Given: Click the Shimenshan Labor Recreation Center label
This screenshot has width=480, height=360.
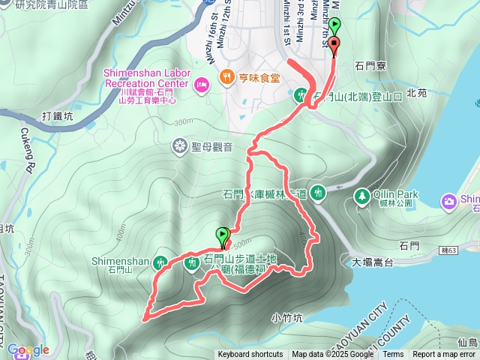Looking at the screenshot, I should [146, 79].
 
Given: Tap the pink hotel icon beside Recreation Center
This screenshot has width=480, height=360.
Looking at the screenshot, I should [201, 84].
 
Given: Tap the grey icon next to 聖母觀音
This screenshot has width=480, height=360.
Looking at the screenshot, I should [180, 145].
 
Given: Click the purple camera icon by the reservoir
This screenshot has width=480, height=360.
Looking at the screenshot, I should [448, 200].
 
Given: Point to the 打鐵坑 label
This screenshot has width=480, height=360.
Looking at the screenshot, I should [58, 116].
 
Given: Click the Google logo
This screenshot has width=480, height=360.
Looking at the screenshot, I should [28, 349].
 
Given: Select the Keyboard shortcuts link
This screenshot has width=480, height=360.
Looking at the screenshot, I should [250, 355].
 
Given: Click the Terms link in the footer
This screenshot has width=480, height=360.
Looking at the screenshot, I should [393, 355].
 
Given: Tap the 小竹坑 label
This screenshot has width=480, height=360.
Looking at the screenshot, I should [287, 317].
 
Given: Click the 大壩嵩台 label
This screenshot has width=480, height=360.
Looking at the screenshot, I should [372, 262].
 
